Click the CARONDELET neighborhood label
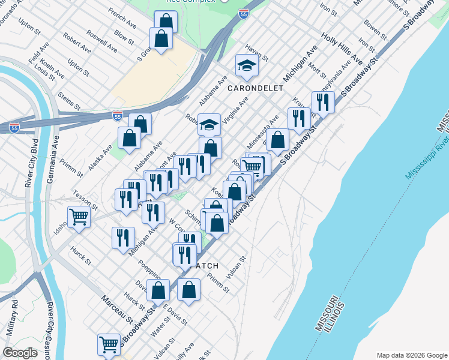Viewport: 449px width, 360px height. coord(255,88)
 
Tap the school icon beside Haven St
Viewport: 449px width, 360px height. coord(247,65)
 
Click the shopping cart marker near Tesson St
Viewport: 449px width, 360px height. coord(79,217)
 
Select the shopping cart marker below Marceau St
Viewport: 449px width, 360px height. coord(109,344)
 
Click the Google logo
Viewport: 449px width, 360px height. coord(20,353)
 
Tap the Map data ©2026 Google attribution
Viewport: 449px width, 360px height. coord(411,355)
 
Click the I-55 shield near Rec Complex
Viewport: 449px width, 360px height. coord(243,14)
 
